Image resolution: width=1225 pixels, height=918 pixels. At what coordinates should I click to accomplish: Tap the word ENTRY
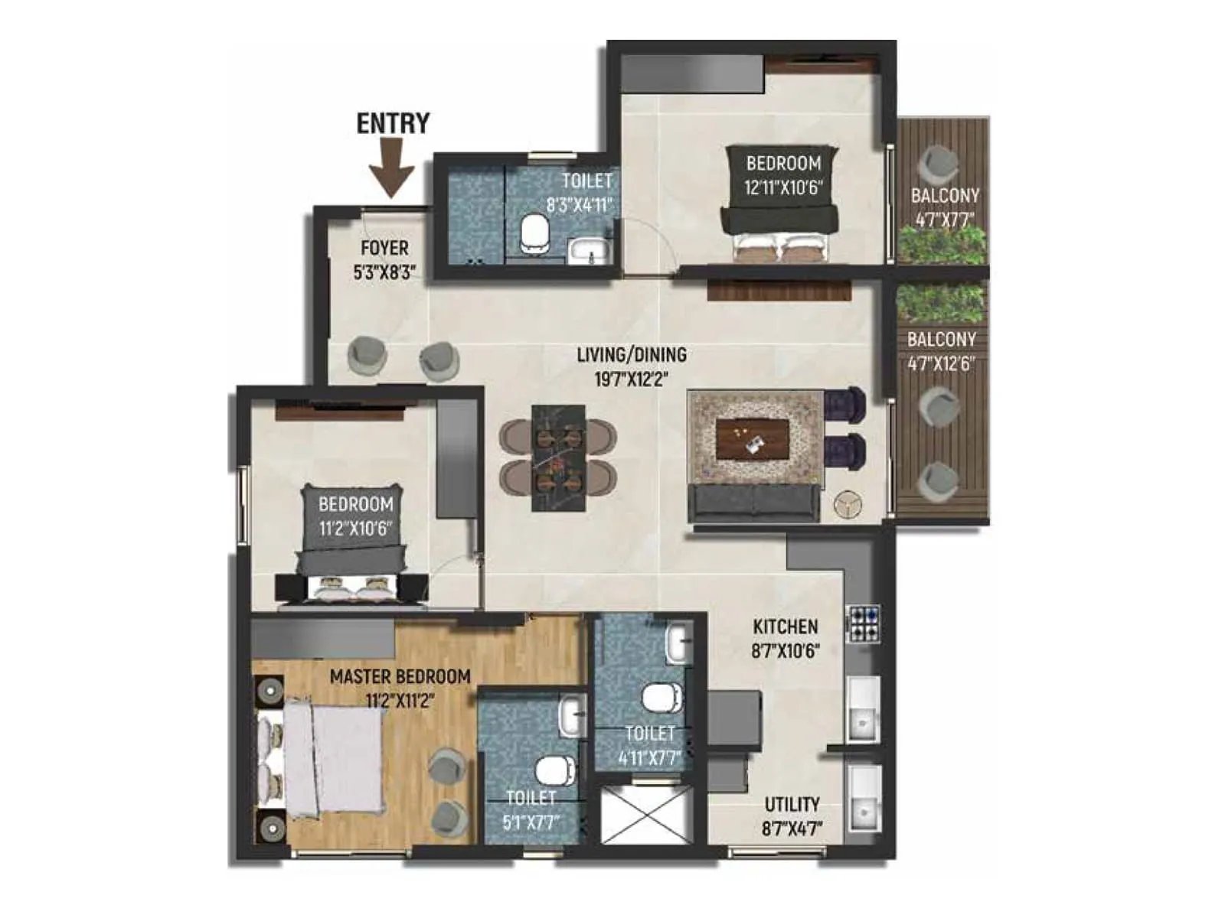(393, 123)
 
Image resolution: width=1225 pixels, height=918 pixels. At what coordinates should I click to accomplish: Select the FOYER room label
(384, 248)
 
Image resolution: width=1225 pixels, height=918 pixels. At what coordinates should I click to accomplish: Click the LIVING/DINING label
(631, 354)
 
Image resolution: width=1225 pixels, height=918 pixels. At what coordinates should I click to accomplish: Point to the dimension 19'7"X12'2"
(631, 378)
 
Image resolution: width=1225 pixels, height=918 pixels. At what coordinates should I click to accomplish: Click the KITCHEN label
(786, 627)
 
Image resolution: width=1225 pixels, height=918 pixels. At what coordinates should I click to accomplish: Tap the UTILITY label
(792, 804)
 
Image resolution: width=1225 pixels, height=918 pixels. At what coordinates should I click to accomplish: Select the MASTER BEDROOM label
(400, 676)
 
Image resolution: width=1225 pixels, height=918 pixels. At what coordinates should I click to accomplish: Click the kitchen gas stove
(863, 623)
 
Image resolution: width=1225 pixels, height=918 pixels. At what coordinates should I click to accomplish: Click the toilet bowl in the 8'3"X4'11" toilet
(534, 233)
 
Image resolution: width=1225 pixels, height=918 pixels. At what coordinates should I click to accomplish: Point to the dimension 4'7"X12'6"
(941, 363)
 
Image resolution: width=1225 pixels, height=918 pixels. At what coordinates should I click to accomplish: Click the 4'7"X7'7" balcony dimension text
(944, 220)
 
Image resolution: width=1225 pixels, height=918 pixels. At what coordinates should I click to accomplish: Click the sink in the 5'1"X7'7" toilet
(572, 715)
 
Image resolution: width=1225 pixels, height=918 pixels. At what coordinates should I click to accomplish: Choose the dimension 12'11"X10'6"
(782, 187)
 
